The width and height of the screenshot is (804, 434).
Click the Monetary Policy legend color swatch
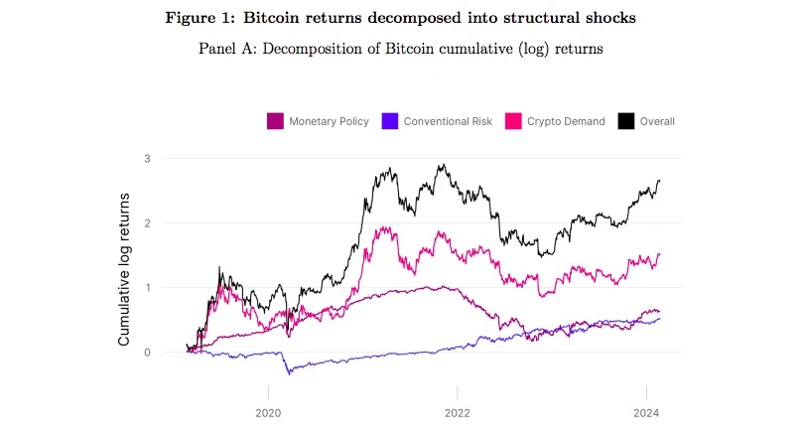(x=276, y=121)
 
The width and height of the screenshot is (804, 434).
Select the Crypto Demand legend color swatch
(x=515, y=121)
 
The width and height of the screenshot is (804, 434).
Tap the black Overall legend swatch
(x=626, y=121)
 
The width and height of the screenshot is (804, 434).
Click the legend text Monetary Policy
(x=329, y=121)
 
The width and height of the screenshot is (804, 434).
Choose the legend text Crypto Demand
(x=567, y=121)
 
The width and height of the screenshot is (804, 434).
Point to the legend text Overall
(x=657, y=121)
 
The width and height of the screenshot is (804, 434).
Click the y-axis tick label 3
(x=146, y=159)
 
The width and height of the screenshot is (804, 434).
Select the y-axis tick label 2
(x=146, y=223)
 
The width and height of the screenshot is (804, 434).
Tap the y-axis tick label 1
(x=146, y=288)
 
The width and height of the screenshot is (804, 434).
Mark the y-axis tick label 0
(x=146, y=353)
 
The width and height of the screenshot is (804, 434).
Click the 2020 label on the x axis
(x=268, y=413)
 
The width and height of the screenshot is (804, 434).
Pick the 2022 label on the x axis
(x=457, y=413)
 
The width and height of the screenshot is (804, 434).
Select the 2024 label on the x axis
(x=645, y=413)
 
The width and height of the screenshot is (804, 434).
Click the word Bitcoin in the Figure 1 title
(x=272, y=18)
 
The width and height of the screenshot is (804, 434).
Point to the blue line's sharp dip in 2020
(x=290, y=373)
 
